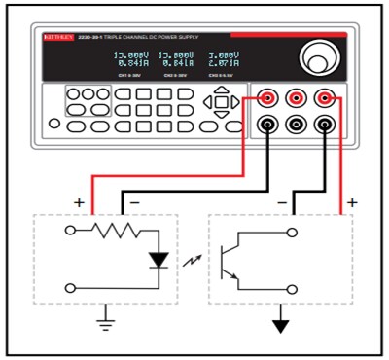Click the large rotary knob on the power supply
tap(317, 56)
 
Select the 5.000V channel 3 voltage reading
tap(222, 55)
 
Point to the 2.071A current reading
tap(222, 65)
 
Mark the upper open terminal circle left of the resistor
tap(70, 231)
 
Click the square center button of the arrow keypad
tap(221, 101)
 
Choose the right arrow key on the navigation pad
tap(236, 101)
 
